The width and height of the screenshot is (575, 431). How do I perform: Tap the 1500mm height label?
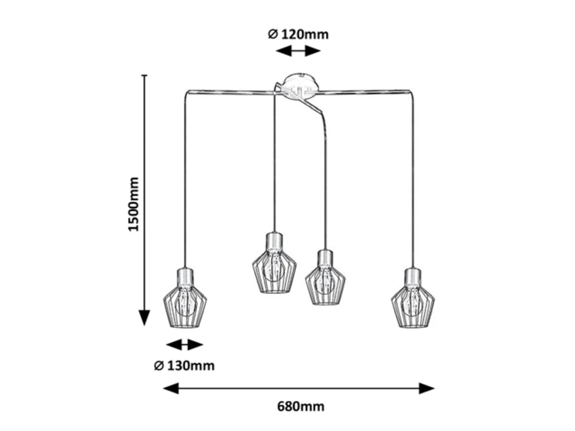point(133,204)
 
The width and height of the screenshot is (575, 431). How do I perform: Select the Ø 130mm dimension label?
point(184,366)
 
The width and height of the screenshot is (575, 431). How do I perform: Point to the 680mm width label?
point(301,407)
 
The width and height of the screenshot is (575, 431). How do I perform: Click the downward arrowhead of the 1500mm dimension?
point(144,317)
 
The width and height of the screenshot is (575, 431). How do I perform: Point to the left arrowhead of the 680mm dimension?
point(171,388)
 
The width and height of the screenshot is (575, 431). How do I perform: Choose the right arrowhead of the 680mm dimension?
point(427,388)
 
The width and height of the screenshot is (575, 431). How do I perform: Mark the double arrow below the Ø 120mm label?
point(298,51)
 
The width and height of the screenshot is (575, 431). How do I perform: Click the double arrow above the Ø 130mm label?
point(185,344)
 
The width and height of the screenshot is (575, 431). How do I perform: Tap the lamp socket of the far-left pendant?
point(185,277)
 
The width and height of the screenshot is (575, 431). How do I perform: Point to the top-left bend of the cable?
point(186,92)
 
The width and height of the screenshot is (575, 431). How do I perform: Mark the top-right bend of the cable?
point(412,92)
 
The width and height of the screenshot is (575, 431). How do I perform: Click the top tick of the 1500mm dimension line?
point(144,75)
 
